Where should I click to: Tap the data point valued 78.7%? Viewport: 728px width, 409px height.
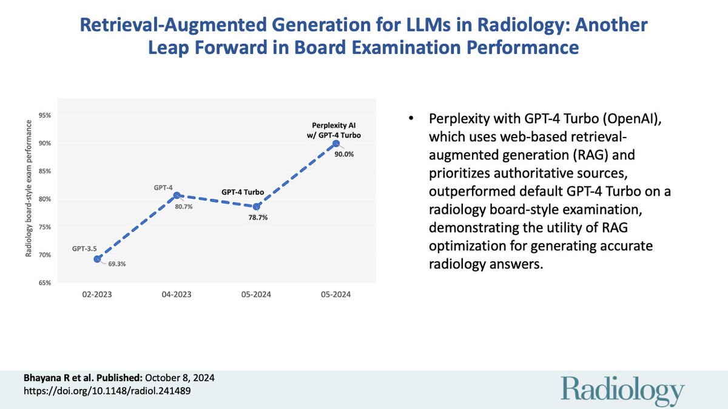point(257,207)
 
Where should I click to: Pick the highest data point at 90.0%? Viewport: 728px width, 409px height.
point(336,143)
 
